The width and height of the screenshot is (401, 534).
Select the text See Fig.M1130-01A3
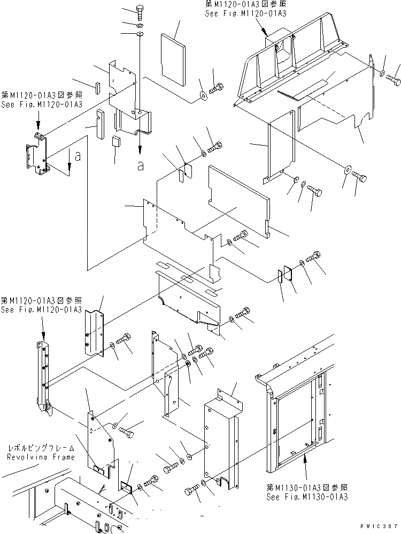307,497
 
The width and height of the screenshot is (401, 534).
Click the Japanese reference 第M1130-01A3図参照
307,488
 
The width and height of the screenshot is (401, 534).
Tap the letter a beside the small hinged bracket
78,157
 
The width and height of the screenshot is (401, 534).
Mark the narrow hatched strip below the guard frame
300,89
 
